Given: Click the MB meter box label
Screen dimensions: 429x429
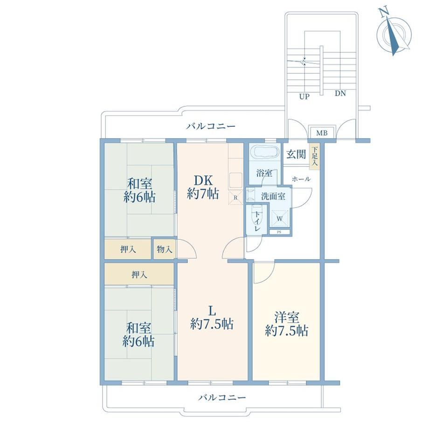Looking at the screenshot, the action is pyautogui.click(x=322, y=133).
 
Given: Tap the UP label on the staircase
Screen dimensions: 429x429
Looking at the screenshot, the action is pyautogui.click(x=304, y=97).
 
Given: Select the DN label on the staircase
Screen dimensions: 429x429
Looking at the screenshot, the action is pyautogui.click(x=340, y=93).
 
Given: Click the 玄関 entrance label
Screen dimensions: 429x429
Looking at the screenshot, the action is pyautogui.click(x=296, y=155).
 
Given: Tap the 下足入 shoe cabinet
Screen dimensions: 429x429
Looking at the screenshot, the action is pyautogui.click(x=315, y=157).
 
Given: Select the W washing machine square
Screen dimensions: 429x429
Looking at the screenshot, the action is pyautogui.click(x=279, y=218).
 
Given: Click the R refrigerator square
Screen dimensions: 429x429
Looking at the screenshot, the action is pyautogui.click(x=235, y=198).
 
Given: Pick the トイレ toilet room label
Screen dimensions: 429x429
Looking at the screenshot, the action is pyautogui.click(x=257, y=221).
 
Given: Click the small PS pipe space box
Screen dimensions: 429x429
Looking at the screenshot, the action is pyautogui.click(x=279, y=232).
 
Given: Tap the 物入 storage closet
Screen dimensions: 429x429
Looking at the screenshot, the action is pyautogui.click(x=165, y=249).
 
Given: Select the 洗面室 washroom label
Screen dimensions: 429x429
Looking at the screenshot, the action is pyautogui.click(x=273, y=196).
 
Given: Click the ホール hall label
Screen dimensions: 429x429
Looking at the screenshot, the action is pyautogui.click(x=301, y=179).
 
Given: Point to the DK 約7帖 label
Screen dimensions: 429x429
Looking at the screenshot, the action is pyautogui.click(x=203, y=187).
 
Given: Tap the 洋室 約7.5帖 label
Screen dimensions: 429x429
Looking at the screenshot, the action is pyautogui.click(x=286, y=324).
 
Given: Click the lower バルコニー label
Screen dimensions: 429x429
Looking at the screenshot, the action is pyautogui.click(x=222, y=397).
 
